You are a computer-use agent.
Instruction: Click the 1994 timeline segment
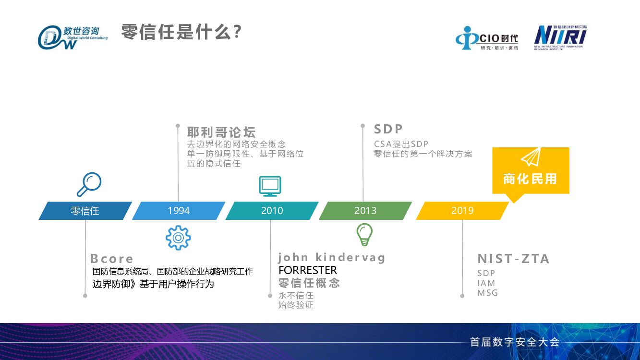tap(179, 211)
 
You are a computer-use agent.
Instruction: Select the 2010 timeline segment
tap(272, 211)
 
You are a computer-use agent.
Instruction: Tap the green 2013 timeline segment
tap(365, 211)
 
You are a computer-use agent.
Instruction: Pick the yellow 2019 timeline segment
tap(462, 211)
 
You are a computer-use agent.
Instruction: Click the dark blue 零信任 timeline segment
tap(85, 211)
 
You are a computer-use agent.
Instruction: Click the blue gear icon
tap(178, 238)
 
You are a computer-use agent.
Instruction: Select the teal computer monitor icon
tap(270, 186)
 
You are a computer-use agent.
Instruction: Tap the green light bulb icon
tap(364, 235)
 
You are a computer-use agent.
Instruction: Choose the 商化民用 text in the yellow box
tap(530, 179)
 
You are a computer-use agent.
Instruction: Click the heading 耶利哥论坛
tap(221, 132)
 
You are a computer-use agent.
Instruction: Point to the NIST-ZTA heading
tap(513, 259)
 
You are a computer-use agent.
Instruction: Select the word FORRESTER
tap(308, 270)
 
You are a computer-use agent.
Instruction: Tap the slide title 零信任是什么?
tap(181, 33)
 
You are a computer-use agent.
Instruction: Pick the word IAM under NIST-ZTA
tap(486, 283)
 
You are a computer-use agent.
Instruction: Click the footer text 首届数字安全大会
tap(515, 342)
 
